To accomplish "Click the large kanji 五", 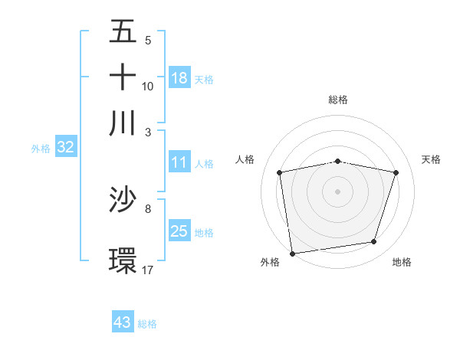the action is (x=123, y=33).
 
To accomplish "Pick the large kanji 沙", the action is (x=123, y=201).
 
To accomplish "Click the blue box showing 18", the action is (x=179, y=78).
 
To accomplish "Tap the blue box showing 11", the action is (x=179, y=162).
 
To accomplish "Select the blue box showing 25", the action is (x=179, y=231).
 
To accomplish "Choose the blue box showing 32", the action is (x=65, y=148).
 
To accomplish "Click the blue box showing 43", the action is (x=123, y=322).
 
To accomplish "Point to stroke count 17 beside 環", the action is (x=148, y=270).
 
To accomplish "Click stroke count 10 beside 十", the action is (x=148, y=86).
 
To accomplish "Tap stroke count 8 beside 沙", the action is (x=148, y=208).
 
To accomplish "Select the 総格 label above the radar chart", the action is (x=338, y=100).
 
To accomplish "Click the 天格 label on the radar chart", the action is (x=432, y=159).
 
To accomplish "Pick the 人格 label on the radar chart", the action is (x=245, y=159).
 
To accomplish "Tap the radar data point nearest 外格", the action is (x=292, y=253).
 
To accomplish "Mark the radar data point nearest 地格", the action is (x=374, y=242).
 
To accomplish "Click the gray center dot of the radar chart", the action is (x=338, y=191).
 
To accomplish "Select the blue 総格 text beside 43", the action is (x=147, y=324).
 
